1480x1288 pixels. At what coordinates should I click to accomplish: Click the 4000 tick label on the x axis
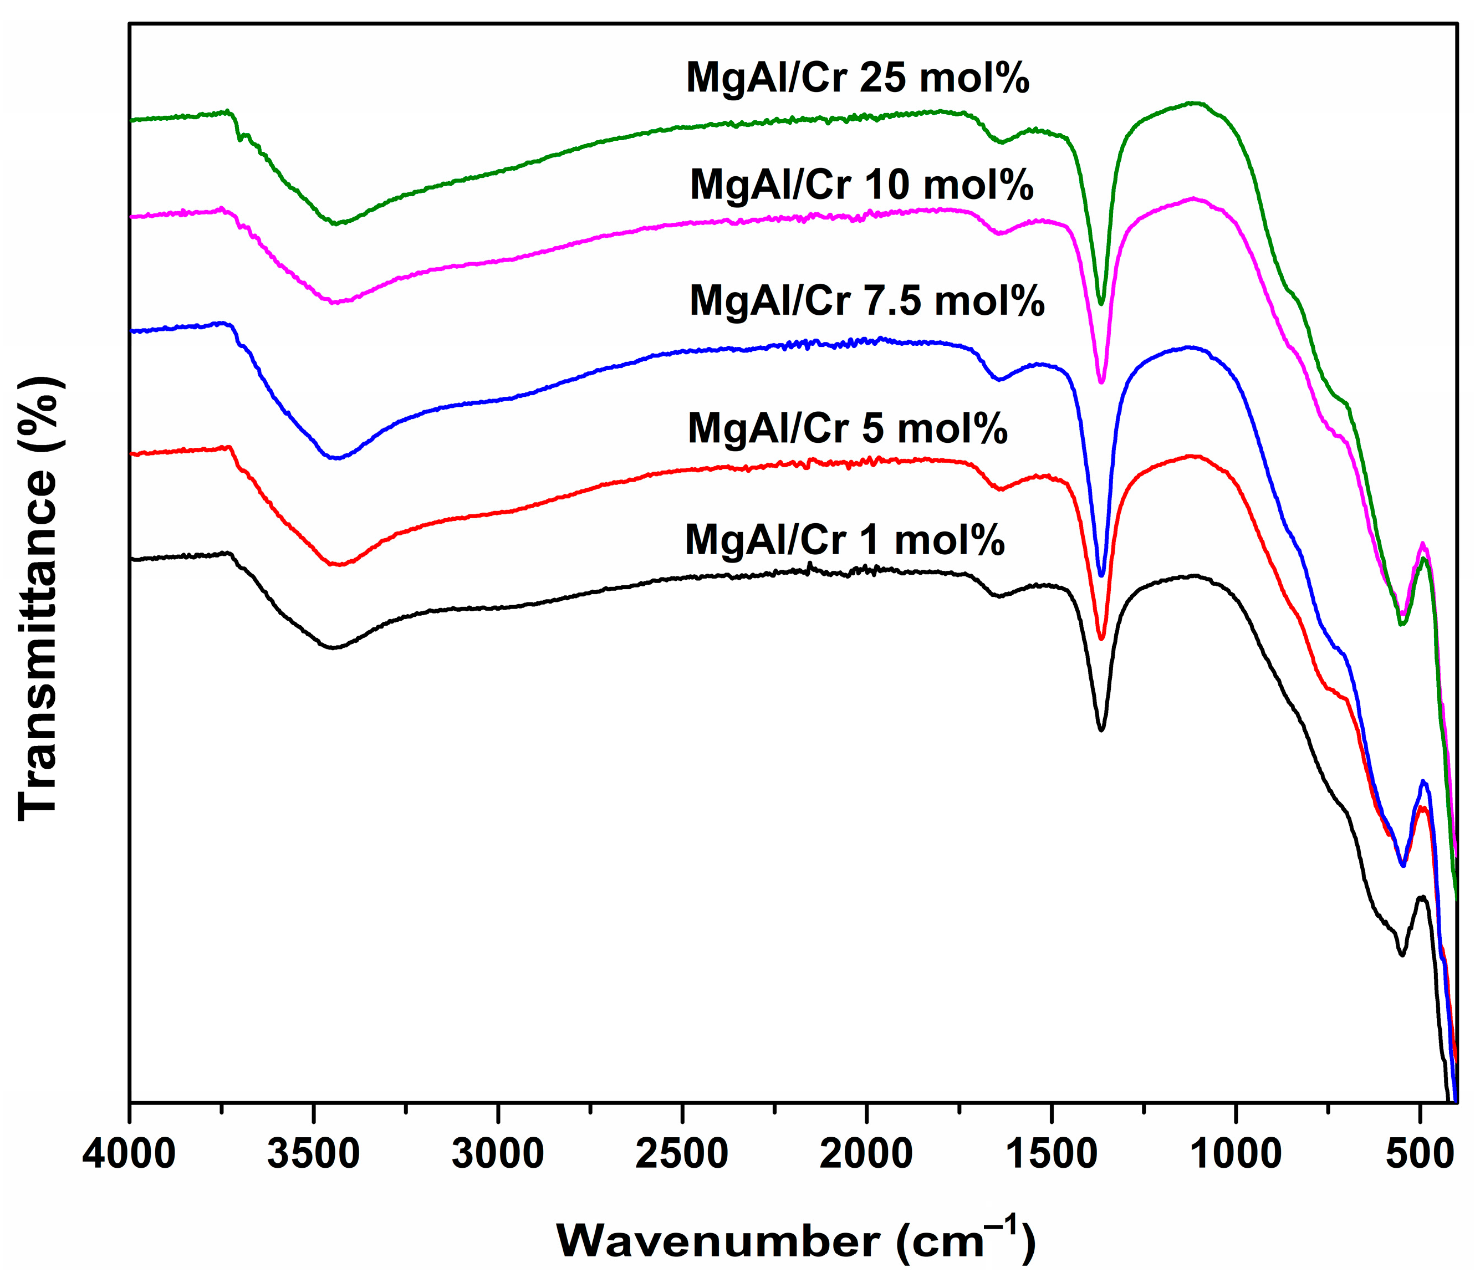(129, 1155)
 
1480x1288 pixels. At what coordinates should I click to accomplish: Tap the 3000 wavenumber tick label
(498, 1155)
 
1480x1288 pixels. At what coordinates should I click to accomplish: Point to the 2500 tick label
(682, 1155)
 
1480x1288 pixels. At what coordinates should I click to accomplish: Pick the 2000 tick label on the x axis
(866, 1155)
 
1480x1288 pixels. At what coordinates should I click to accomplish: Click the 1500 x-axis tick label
(1051, 1155)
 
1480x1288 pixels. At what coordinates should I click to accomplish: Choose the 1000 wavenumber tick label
(1236, 1155)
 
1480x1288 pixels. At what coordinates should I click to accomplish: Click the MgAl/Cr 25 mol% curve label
(858, 78)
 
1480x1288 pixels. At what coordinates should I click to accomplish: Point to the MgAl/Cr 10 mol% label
(861, 186)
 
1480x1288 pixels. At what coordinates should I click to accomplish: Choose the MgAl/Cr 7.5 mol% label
(867, 300)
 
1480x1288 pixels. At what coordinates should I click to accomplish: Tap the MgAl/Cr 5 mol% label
(848, 428)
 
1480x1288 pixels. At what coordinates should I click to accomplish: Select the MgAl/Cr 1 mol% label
(845, 540)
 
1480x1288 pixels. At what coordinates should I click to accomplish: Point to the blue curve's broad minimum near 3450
(335, 458)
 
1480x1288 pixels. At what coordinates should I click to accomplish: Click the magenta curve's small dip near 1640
(999, 233)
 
